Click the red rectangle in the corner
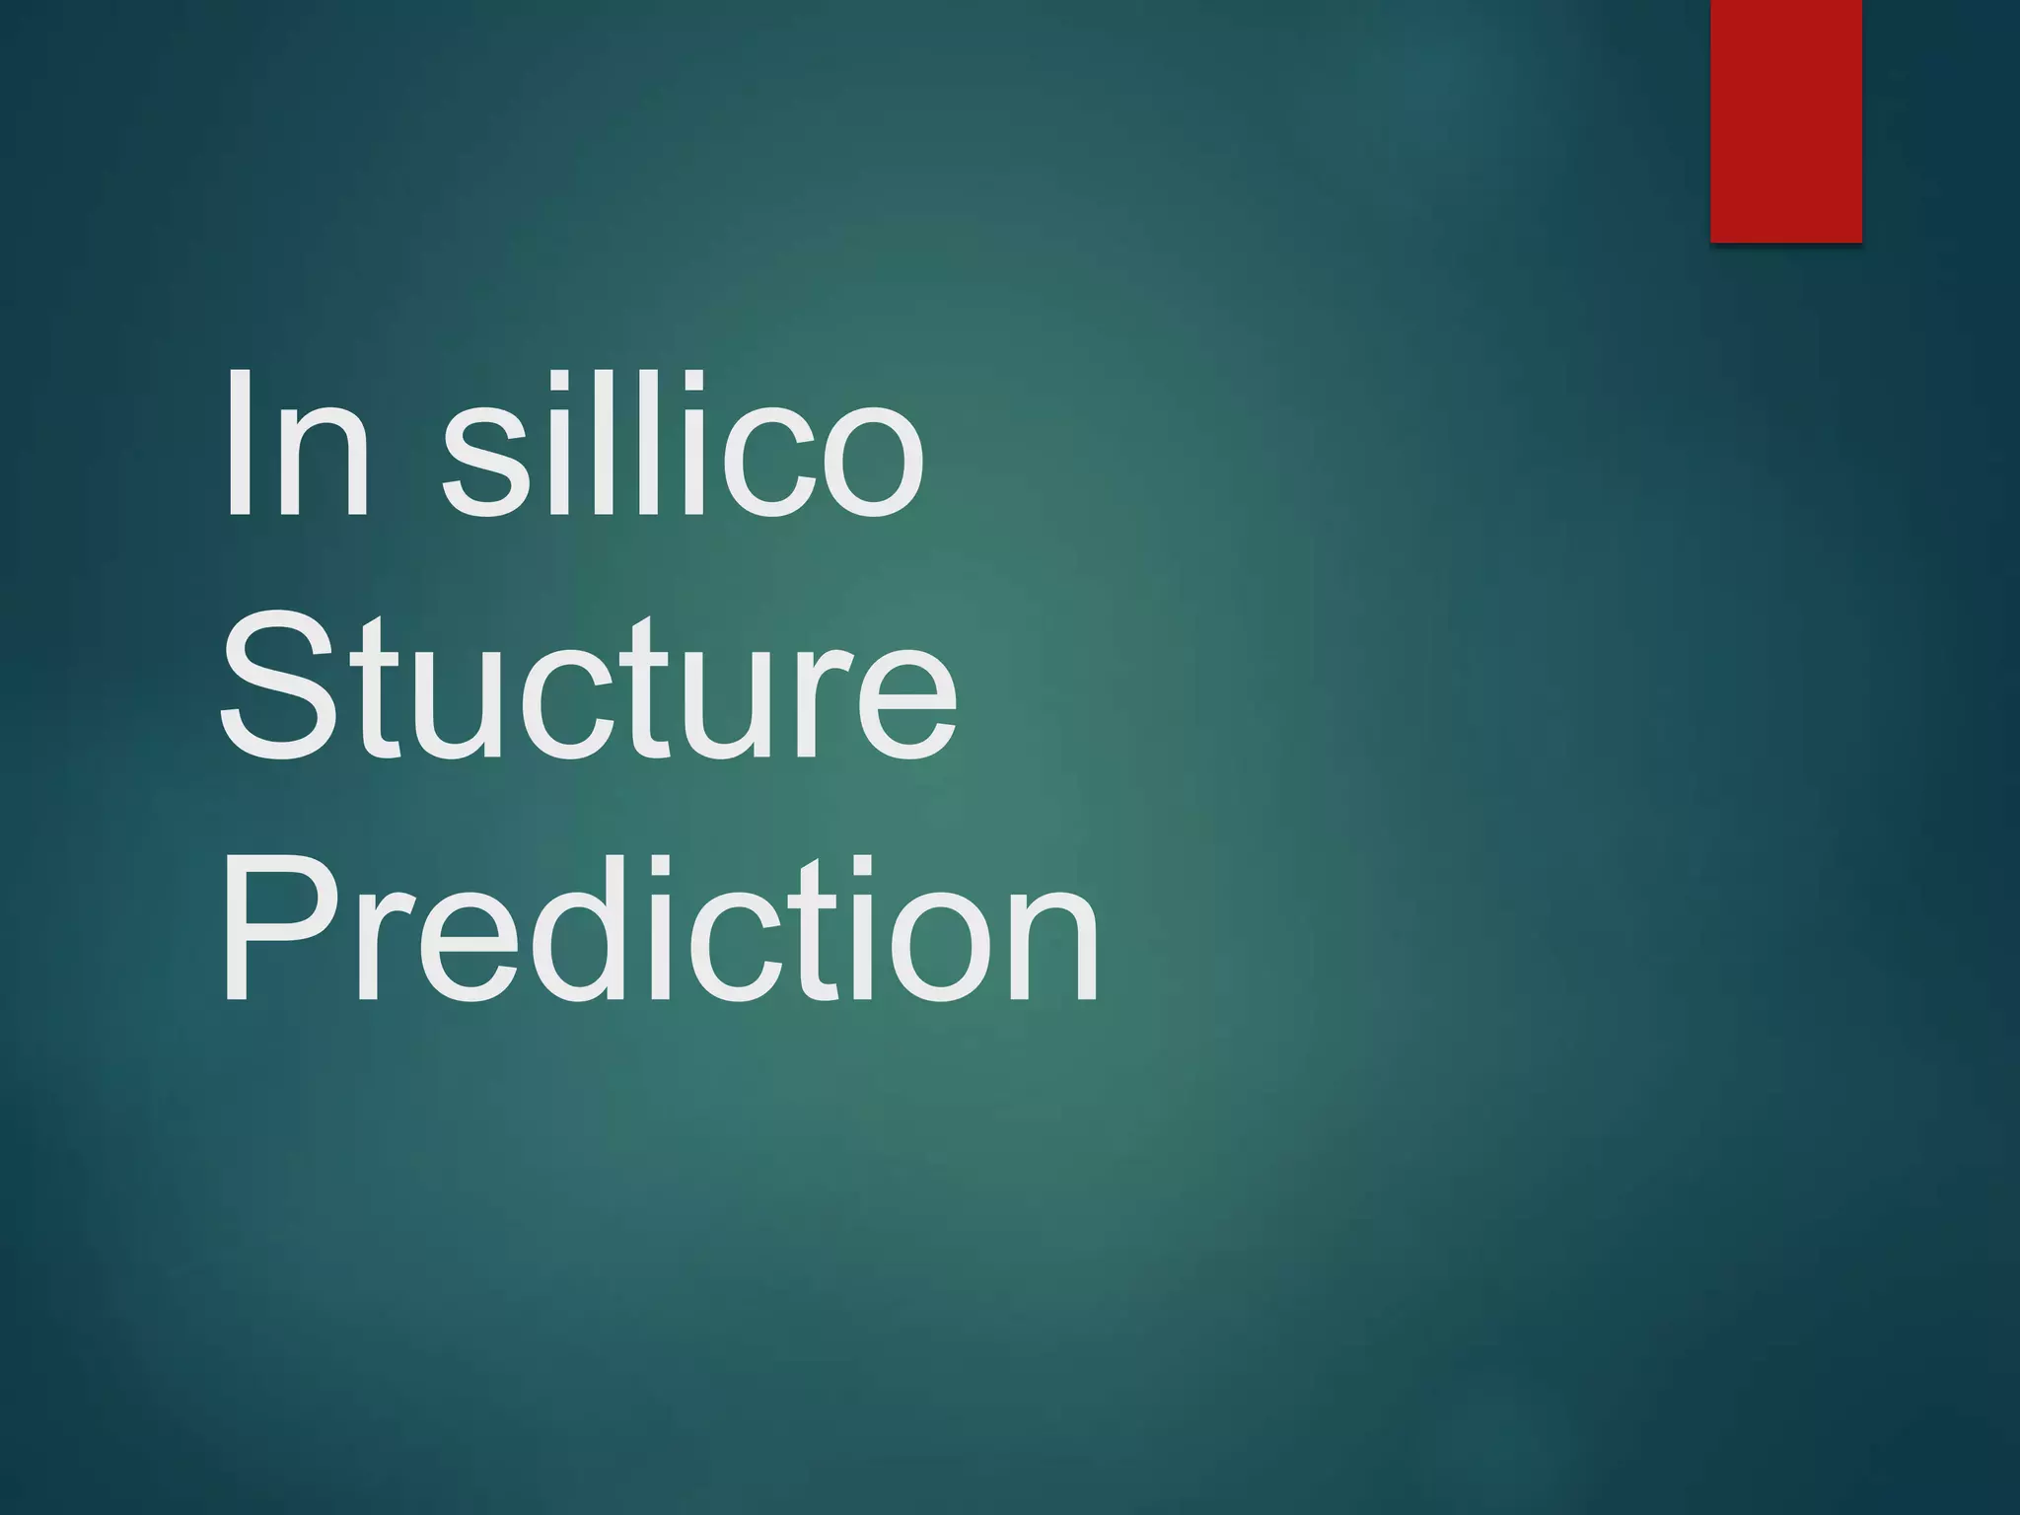click(1785, 120)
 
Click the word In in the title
click(296, 443)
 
